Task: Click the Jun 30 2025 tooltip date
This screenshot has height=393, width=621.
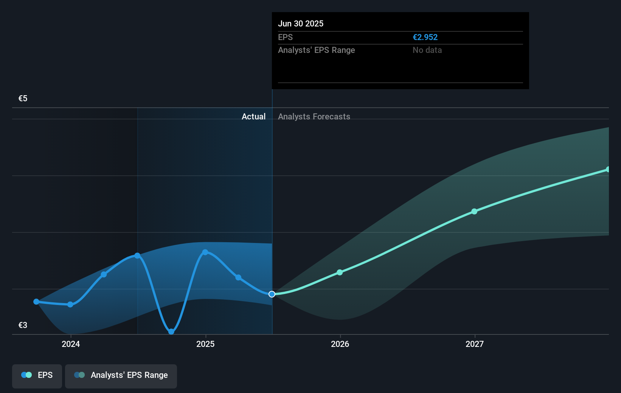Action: coord(301,23)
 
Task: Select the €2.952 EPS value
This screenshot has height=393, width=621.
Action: coord(425,37)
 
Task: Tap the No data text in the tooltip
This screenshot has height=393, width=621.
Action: coord(427,50)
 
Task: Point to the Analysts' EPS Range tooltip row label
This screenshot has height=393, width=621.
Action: coord(316,50)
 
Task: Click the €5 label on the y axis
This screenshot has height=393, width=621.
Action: coord(23,99)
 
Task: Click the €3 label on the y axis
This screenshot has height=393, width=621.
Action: coord(23,325)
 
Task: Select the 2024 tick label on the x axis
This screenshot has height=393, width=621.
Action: coord(71,344)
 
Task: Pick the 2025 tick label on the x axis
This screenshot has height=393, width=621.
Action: coord(205,344)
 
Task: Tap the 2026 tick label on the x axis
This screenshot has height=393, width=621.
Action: coord(340,344)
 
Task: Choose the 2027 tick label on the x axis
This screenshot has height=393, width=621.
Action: coord(474,344)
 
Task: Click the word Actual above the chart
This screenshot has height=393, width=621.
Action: coord(253,116)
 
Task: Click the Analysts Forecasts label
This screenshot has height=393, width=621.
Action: coord(314,116)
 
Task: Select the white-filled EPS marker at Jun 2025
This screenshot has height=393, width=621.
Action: coord(272,294)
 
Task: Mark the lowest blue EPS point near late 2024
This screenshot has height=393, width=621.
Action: coord(171,332)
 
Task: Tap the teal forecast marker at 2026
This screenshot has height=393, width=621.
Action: coord(340,272)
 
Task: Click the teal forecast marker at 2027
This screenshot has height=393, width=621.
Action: coord(474,211)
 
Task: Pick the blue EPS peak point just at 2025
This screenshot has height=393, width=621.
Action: coord(205,252)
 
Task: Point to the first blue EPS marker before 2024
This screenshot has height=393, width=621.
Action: coord(36,302)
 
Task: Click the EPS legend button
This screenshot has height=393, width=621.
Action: coord(37,376)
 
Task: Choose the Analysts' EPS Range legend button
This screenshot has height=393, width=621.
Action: coord(121,376)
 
